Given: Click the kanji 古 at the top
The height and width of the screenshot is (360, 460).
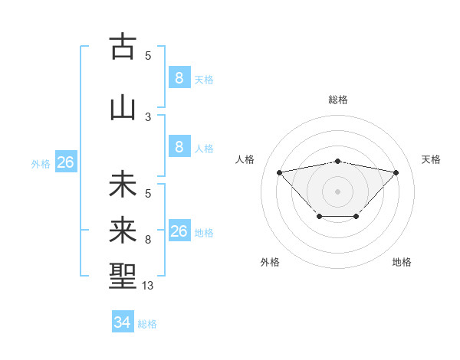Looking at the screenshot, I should coord(123,47).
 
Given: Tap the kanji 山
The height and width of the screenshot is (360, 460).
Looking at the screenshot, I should coord(123,108).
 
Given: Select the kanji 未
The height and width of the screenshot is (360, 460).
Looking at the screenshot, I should coord(123,185).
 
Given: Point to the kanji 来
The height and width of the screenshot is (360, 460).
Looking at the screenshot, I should coord(123,231).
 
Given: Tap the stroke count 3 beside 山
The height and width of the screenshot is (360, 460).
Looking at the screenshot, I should coord(148,117).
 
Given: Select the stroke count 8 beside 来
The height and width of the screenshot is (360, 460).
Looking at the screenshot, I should coord(148,240).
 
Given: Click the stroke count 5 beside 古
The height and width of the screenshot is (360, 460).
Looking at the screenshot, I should coord(148,55).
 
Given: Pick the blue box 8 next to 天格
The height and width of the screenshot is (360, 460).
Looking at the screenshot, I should coord(179,77).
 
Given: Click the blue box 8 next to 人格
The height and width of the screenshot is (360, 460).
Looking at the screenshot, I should coord(179,147).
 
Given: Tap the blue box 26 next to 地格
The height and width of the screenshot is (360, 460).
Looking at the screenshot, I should coord(179,231).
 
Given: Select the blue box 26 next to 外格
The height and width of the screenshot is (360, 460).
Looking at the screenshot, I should coord(65,162).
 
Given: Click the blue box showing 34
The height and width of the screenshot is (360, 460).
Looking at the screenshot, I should coord(122,322).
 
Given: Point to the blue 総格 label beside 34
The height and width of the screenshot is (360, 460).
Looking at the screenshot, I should coord(148,324).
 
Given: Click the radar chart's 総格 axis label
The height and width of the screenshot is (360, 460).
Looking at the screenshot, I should coord(337,100).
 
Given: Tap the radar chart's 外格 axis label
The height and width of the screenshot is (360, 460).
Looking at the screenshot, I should coord(270,262).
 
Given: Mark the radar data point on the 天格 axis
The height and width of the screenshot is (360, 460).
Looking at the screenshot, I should coord(396,172).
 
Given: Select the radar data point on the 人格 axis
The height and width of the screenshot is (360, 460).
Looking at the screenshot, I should coord(279,172).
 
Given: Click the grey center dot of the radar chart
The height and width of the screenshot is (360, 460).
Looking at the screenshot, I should coord(337,191).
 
